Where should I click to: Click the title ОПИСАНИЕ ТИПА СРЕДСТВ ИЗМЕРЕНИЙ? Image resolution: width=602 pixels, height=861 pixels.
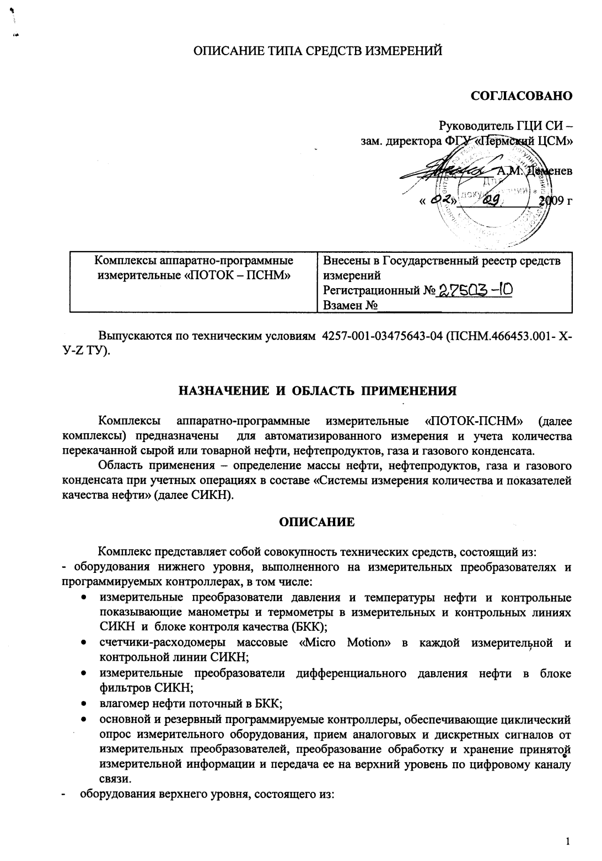(x=317, y=52)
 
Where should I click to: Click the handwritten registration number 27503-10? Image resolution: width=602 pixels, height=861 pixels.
(x=475, y=290)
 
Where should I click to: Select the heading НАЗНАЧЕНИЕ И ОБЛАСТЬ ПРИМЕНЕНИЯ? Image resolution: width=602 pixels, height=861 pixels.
(x=317, y=391)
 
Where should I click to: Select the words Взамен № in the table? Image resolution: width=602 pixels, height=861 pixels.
(x=350, y=305)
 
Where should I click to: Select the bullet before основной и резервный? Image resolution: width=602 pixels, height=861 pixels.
(x=83, y=720)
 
